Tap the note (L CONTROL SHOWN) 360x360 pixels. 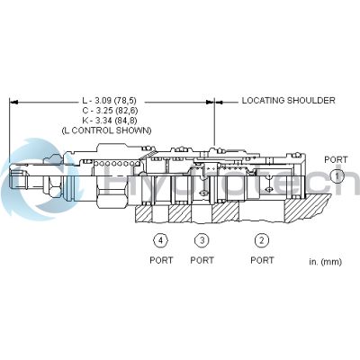click(x=107, y=130)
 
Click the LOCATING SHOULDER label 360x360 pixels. click(x=288, y=101)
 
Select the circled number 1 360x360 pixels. click(x=336, y=176)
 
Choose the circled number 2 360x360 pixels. click(x=262, y=240)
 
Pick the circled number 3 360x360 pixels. click(x=202, y=240)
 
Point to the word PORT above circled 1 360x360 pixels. click(x=336, y=159)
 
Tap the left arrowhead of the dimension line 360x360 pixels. click(x=13, y=101)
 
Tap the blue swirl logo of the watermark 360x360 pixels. click(x=36, y=180)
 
